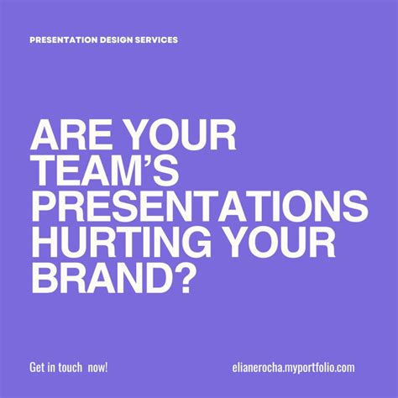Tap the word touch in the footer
point(72,367)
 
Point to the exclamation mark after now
point(108,367)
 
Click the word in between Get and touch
point(55,367)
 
